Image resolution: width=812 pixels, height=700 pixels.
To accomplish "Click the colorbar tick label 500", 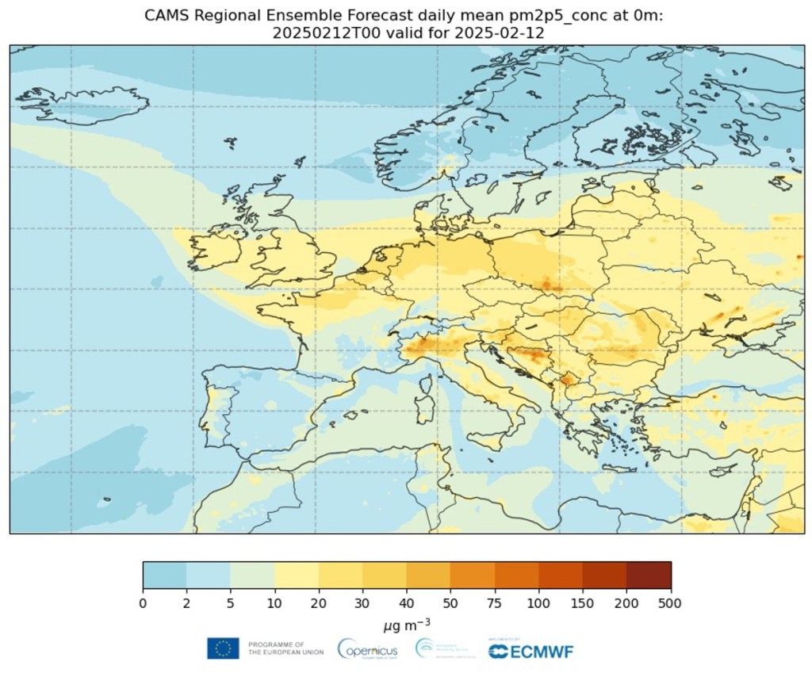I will point(670,604).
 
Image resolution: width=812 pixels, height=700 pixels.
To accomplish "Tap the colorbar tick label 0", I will point(144,604).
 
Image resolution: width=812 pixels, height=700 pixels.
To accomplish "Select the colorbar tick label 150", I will point(582,604).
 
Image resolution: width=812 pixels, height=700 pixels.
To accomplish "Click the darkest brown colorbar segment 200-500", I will point(648,575).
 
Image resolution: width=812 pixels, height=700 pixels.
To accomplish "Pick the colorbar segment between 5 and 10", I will point(252,575).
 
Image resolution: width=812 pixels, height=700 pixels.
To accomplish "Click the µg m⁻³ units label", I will point(406,626).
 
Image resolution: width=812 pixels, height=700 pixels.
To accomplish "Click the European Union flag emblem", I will point(223,648).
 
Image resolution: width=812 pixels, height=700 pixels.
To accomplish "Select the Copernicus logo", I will point(368,649).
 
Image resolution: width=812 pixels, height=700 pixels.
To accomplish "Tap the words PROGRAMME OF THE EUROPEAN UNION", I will point(285,648).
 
